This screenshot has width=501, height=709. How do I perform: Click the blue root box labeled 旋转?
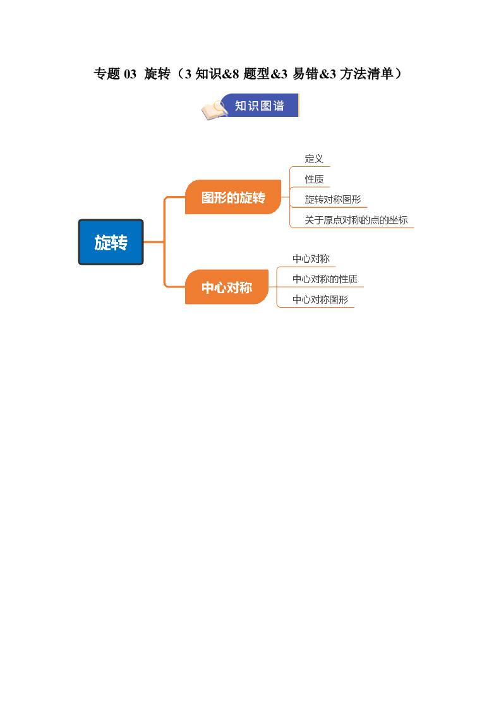(x=111, y=242)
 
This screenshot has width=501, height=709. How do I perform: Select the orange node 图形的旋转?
(x=233, y=197)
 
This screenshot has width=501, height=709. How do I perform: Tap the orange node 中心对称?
(x=227, y=287)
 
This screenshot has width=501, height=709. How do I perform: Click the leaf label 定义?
(x=314, y=159)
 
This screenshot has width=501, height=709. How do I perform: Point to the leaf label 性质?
(x=314, y=179)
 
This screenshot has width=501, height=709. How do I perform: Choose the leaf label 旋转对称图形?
(x=333, y=200)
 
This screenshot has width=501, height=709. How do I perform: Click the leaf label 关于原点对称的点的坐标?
(x=356, y=220)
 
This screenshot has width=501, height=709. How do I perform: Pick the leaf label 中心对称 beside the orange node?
(x=311, y=258)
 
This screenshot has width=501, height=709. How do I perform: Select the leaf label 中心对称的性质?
(x=325, y=279)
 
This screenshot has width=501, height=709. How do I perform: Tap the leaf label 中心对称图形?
(x=320, y=300)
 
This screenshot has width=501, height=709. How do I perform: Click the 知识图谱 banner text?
(x=259, y=106)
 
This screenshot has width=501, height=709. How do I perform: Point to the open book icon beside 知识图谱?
(x=214, y=110)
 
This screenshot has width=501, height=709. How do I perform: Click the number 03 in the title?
(x=130, y=74)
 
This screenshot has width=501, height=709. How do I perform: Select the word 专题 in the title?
(x=107, y=73)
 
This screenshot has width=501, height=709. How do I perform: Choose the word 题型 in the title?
(x=257, y=73)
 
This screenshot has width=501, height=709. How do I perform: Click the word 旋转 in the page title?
(x=157, y=73)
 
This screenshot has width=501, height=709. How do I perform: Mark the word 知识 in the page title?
(x=208, y=73)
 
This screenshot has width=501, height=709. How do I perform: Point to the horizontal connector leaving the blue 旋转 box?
(x=154, y=242)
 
